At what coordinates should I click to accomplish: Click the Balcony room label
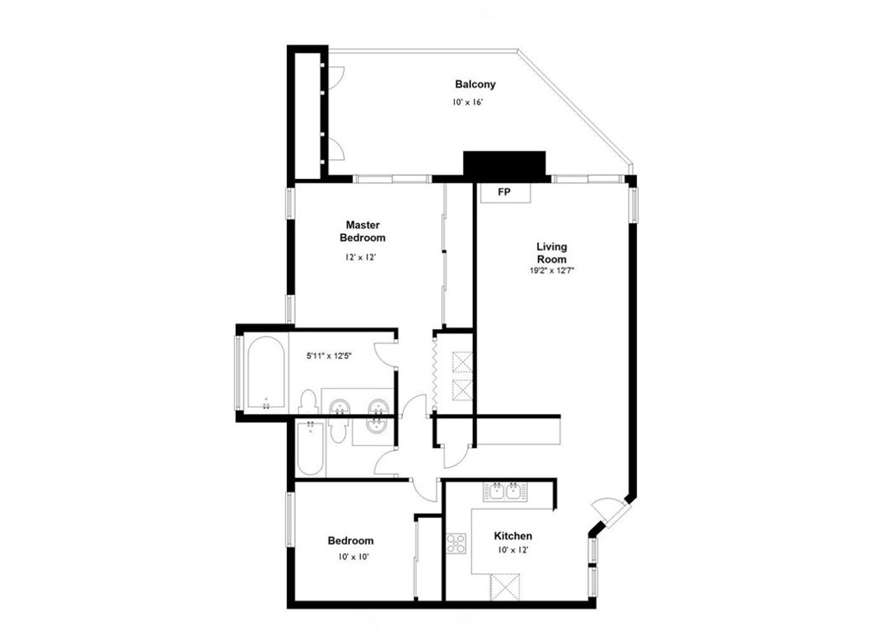(x=475, y=84)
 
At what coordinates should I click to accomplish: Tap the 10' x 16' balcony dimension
(x=467, y=102)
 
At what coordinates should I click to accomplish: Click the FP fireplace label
(x=504, y=193)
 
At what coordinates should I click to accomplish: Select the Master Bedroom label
(x=363, y=231)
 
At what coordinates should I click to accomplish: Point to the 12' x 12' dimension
(x=361, y=257)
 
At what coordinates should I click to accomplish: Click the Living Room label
(x=552, y=253)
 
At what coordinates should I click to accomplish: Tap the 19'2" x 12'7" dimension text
(x=552, y=271)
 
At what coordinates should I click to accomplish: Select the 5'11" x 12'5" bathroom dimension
(x=330, y=355)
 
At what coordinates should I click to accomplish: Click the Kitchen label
(x=513, y=536)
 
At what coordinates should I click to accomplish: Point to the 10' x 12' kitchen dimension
(x=513, y=550)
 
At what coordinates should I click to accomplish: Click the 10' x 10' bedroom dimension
(x=353, y=556)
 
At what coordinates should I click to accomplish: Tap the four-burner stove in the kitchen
(x=456, y=544)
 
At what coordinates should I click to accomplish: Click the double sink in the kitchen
(x=506, y=492)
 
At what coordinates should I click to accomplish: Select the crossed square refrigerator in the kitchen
(x=505, y=587)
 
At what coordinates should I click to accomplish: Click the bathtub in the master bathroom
(x=266, y=372)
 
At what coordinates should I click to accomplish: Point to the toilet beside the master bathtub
(x=307, y=401)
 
